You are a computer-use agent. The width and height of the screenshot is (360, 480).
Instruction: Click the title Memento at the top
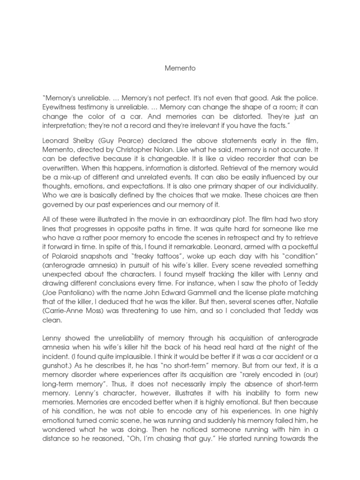click(180, 68)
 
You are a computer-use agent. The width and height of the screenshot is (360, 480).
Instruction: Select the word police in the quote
click(306, 99)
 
